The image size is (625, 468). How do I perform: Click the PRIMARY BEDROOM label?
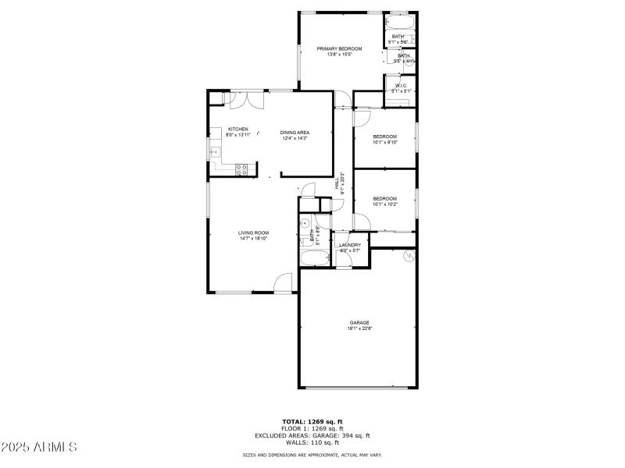339,48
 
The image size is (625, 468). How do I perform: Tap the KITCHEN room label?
238,129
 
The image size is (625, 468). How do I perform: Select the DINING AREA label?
295,132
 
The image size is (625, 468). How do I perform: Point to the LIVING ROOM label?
253,232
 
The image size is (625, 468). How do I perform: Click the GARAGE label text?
359,322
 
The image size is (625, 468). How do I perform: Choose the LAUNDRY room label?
349,245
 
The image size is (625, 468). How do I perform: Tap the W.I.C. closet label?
401,86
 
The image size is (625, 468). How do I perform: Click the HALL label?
337,183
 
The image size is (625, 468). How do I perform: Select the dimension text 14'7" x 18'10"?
253,239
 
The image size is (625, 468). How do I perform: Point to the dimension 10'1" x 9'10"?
384,142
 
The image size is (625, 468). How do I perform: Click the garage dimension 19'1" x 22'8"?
359,328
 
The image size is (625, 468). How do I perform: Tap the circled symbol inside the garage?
407,256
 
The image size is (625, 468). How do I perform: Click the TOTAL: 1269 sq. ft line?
312,422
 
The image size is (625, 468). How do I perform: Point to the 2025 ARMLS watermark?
40,447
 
